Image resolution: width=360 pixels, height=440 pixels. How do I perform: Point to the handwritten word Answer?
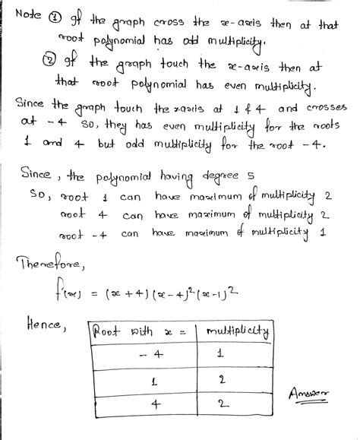click(x=311, y=393)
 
